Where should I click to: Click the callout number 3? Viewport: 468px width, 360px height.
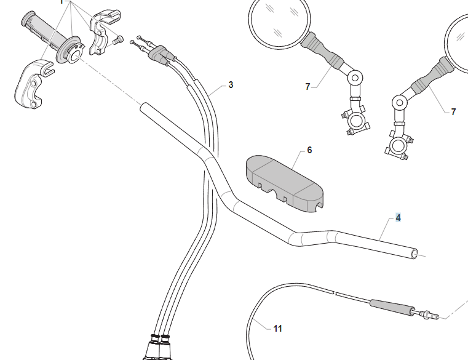231,85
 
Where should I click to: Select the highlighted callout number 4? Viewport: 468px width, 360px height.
398,218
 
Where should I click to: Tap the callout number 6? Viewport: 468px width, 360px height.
309,150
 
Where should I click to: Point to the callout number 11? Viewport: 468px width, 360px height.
277,329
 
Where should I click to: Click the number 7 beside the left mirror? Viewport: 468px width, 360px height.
307,87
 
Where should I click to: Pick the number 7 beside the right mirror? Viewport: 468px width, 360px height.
453,112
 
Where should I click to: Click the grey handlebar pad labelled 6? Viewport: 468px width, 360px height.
284,183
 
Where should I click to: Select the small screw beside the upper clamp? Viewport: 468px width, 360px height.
117,41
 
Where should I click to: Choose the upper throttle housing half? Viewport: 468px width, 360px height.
103,31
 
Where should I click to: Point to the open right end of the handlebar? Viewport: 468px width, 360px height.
414,254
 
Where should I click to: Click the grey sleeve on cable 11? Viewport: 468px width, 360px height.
392,307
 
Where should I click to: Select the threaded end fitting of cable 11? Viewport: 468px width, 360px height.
429,314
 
